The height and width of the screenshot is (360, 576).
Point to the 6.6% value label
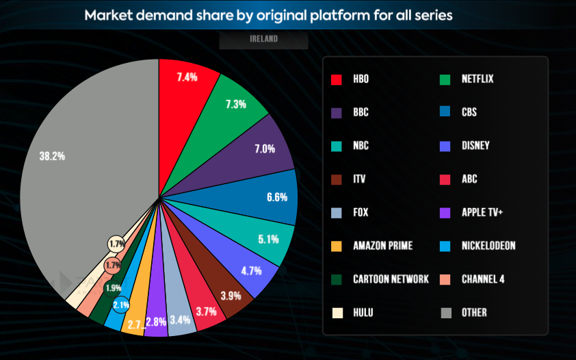tap(277, 197)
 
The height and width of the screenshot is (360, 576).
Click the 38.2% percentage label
tap(52, 156)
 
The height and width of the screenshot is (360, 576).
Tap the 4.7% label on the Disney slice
tap(252, 270)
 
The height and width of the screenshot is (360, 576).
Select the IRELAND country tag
tap(263, 40)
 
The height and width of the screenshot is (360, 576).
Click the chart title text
tap(268, 15)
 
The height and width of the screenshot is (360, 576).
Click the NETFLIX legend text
tap(477, 79)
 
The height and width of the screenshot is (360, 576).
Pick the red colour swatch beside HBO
tap(336, 79)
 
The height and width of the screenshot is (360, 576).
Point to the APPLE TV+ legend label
tap(482, 212)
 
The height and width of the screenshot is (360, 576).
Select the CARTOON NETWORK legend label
tap(391, 279)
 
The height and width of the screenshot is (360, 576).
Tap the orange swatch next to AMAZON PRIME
tap(336, 246)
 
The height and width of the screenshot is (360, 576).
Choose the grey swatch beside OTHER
tap(445, 312)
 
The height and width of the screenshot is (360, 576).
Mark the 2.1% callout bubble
tap(121, 305)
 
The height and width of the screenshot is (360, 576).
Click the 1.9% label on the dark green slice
tap(113, 287)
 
